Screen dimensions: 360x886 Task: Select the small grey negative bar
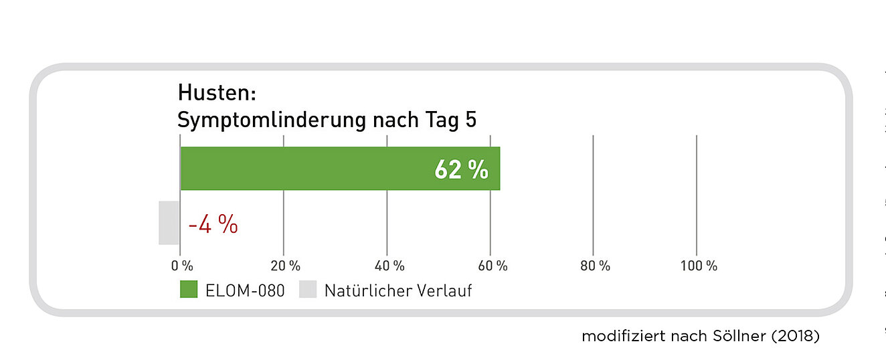169,223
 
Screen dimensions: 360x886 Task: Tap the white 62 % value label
461,170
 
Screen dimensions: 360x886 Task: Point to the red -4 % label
213,226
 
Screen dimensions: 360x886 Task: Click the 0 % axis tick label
182,266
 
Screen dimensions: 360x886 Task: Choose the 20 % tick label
286,266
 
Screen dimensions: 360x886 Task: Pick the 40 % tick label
389,266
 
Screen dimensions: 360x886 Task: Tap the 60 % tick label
493,266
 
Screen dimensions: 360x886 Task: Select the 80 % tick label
596,266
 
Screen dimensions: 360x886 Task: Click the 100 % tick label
699,266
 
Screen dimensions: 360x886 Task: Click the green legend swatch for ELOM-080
189,290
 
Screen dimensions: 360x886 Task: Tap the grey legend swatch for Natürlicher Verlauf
307,290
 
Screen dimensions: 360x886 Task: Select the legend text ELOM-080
246,291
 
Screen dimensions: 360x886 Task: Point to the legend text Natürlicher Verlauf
398,291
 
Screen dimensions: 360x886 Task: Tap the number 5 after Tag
470,120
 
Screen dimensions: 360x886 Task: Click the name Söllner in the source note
736,337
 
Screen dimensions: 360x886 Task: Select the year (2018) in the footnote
795,337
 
